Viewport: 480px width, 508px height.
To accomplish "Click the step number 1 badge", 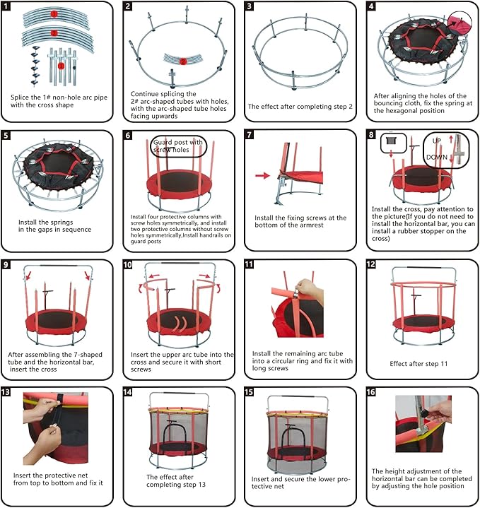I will (x=6, y=6).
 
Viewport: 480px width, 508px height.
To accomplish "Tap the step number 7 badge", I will (x=250, y=135).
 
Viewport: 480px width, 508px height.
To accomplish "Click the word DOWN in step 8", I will (x=435, y=157).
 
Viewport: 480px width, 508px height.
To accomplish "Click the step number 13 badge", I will (x=6, y=392).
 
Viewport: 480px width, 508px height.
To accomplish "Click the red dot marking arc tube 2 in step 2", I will (x=183, y=61).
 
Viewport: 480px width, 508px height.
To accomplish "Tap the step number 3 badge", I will (x=250, y=6).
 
